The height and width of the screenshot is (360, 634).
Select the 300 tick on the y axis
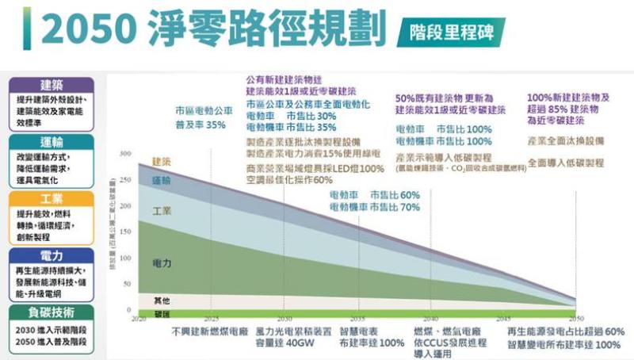coord(126,152)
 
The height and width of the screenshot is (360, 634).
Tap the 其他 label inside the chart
coord(162,301)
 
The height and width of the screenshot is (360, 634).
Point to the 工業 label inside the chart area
coord(162,211)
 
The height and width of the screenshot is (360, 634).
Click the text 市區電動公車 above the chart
coord(204,112)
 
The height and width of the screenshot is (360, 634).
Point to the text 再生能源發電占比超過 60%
coord(565,331)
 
